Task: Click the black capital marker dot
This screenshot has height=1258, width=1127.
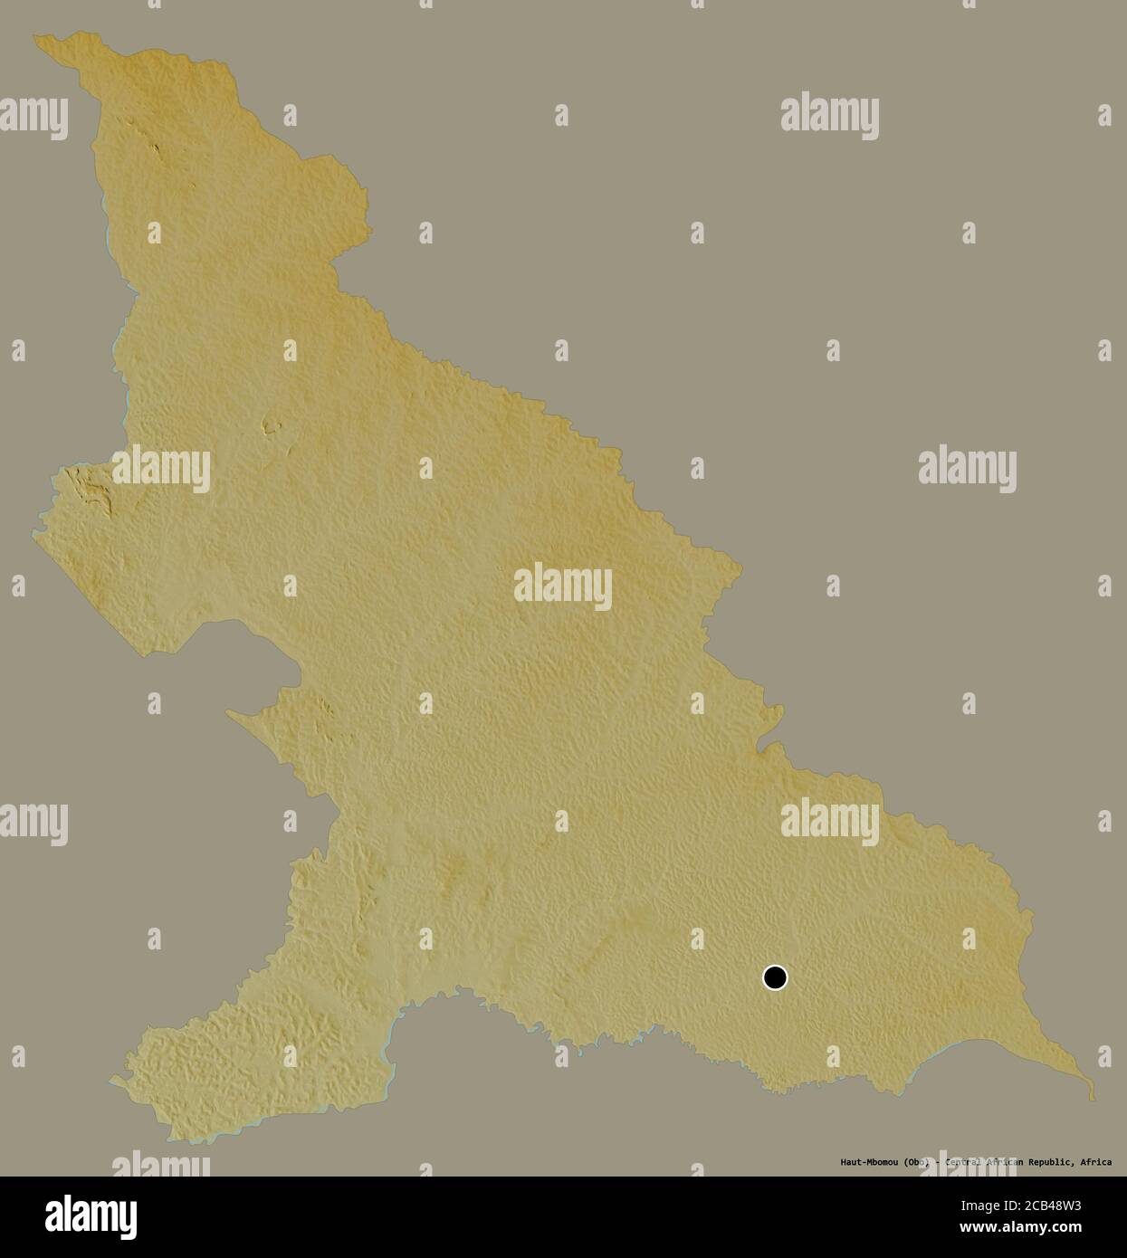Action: pyautogui.click(x=775, y=977)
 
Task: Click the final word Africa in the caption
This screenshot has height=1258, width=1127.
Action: pyautogui.click(x=1096, y=1162)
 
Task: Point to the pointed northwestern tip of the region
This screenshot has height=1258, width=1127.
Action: pyautogui.click(x=36, y=38)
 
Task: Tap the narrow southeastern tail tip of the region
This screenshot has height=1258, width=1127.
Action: pyautogui.click(x=1091, y=1097)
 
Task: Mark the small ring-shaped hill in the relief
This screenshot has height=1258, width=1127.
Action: pyautogui.click(x=269, y=426)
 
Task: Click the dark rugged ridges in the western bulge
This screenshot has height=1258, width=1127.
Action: pyautogui.click(x=93, y=491)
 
